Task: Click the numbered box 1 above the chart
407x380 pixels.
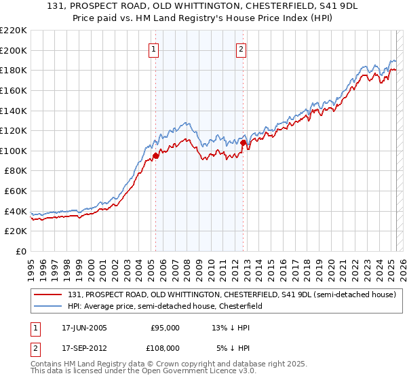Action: click(x=154, y=49)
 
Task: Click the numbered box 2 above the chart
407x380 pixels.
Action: click(x=241, y=49)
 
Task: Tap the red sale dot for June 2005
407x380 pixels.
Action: click(x=156, y=156)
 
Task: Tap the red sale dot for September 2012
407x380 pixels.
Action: click(x=243, y=143)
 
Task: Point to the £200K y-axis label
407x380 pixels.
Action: click(x=14, y=50)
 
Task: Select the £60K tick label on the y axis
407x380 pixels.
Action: click(x=16, y=191)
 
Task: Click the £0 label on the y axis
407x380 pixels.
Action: click(x=20, y=252)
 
